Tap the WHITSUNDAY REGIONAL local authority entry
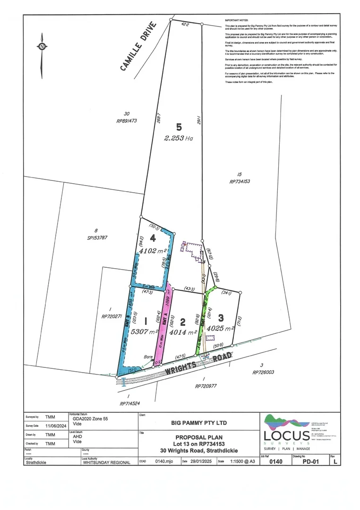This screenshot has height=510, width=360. click(x=106, y=462)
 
